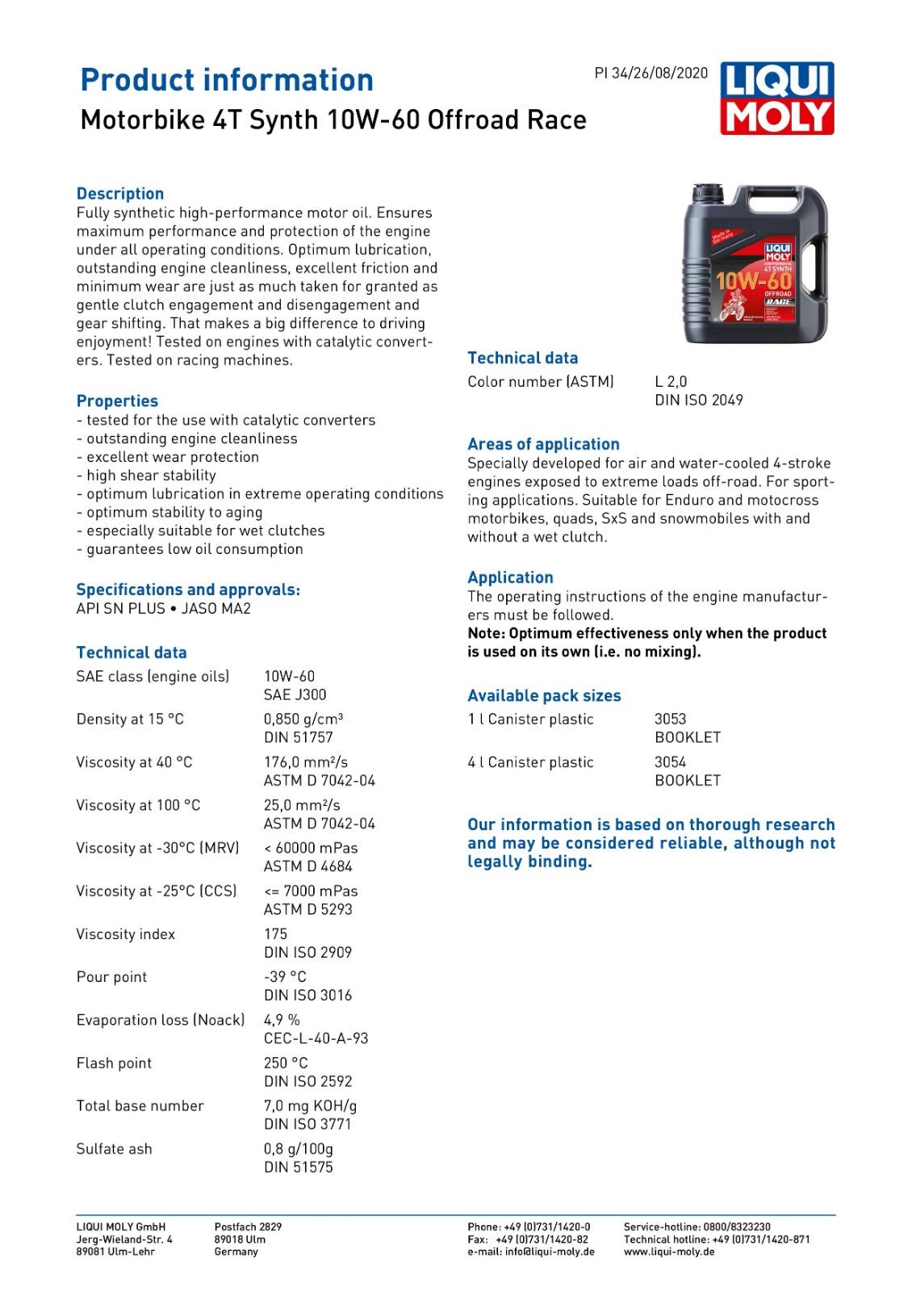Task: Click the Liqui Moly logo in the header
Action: coord(776,99)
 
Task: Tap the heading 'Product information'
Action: coord(227,80)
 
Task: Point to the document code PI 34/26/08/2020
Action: coord(651,73)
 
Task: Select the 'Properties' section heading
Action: coord(117,401)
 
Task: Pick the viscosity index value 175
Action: coord(276,933)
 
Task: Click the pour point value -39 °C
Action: coord(285,977)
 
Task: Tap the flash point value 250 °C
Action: coord(286,1063)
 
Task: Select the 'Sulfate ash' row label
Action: coord(114,1149)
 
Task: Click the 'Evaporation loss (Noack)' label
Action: coord(160,1020)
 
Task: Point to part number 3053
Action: coord(670,719)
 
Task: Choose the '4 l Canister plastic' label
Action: coord(530,762)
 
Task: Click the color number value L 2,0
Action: coord(671,381)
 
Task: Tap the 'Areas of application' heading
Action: coord(543,444)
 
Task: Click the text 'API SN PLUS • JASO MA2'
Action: coord(163,609)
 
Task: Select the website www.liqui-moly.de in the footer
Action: coord(669,1252)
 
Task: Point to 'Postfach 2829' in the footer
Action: coord(248,1227)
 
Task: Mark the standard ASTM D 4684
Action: coord(308,866)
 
